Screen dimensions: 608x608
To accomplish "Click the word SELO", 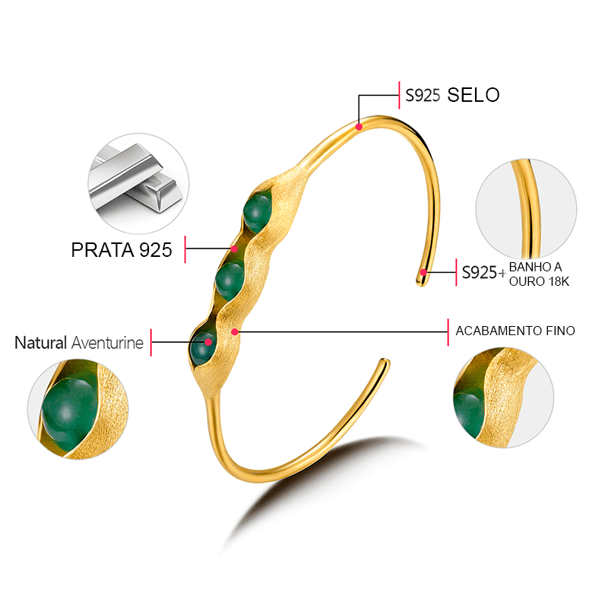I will (x=473, y=95).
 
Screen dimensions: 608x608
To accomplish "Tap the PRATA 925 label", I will (x=122, y=250).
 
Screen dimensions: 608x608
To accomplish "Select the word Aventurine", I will (x=107, y=343).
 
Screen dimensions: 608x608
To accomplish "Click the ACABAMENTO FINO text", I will (x=515, y=331).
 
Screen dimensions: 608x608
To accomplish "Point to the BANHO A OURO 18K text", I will (x=539, y=274).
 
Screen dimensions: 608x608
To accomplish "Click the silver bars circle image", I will (x=138, y=182).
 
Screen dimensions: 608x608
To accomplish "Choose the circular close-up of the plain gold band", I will (x=526, y=210).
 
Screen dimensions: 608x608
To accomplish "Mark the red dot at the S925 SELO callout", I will (x=359, y=125).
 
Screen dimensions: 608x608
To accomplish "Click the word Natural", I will (x=41, y=343).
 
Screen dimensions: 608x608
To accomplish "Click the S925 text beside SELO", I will (x=423, y=96).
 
